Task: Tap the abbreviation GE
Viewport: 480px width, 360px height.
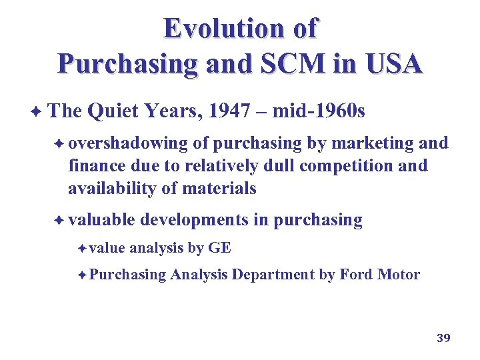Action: point(220,249)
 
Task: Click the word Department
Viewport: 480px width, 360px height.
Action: point(273,274)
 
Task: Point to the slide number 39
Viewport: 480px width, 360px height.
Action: point(443,338)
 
